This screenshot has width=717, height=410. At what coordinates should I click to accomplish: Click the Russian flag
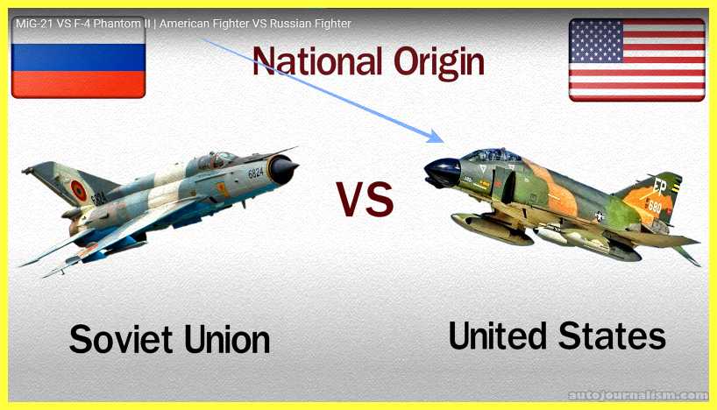[x=78, y=57]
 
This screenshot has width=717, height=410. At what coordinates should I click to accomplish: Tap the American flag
[x=637, y=60]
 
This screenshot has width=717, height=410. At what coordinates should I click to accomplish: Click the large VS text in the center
[x=365, y=199]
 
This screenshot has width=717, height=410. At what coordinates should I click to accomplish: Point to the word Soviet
[x=121, y=339]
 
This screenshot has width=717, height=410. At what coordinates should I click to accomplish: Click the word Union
[x=227, y=339]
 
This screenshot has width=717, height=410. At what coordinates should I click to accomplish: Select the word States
[x=612, y=336]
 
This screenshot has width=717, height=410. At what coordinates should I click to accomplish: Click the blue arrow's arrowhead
[x=437, y=136]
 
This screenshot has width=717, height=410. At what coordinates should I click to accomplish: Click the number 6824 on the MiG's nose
[x=256, y=173]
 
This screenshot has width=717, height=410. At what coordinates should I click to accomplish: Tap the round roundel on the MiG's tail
[x=78, y=190]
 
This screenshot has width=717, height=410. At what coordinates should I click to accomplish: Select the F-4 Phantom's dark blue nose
[x=442, y=173]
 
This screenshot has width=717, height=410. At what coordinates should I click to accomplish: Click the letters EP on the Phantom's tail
[x=659, y=187]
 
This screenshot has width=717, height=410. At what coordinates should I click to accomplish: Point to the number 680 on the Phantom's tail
[x=655, y=207]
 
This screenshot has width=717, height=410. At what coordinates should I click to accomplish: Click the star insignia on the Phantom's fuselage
[x=599, y=216]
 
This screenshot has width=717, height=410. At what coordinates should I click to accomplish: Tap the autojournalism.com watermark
[x=637, y=394]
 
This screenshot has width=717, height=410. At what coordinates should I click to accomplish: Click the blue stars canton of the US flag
[x=596, y=41]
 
